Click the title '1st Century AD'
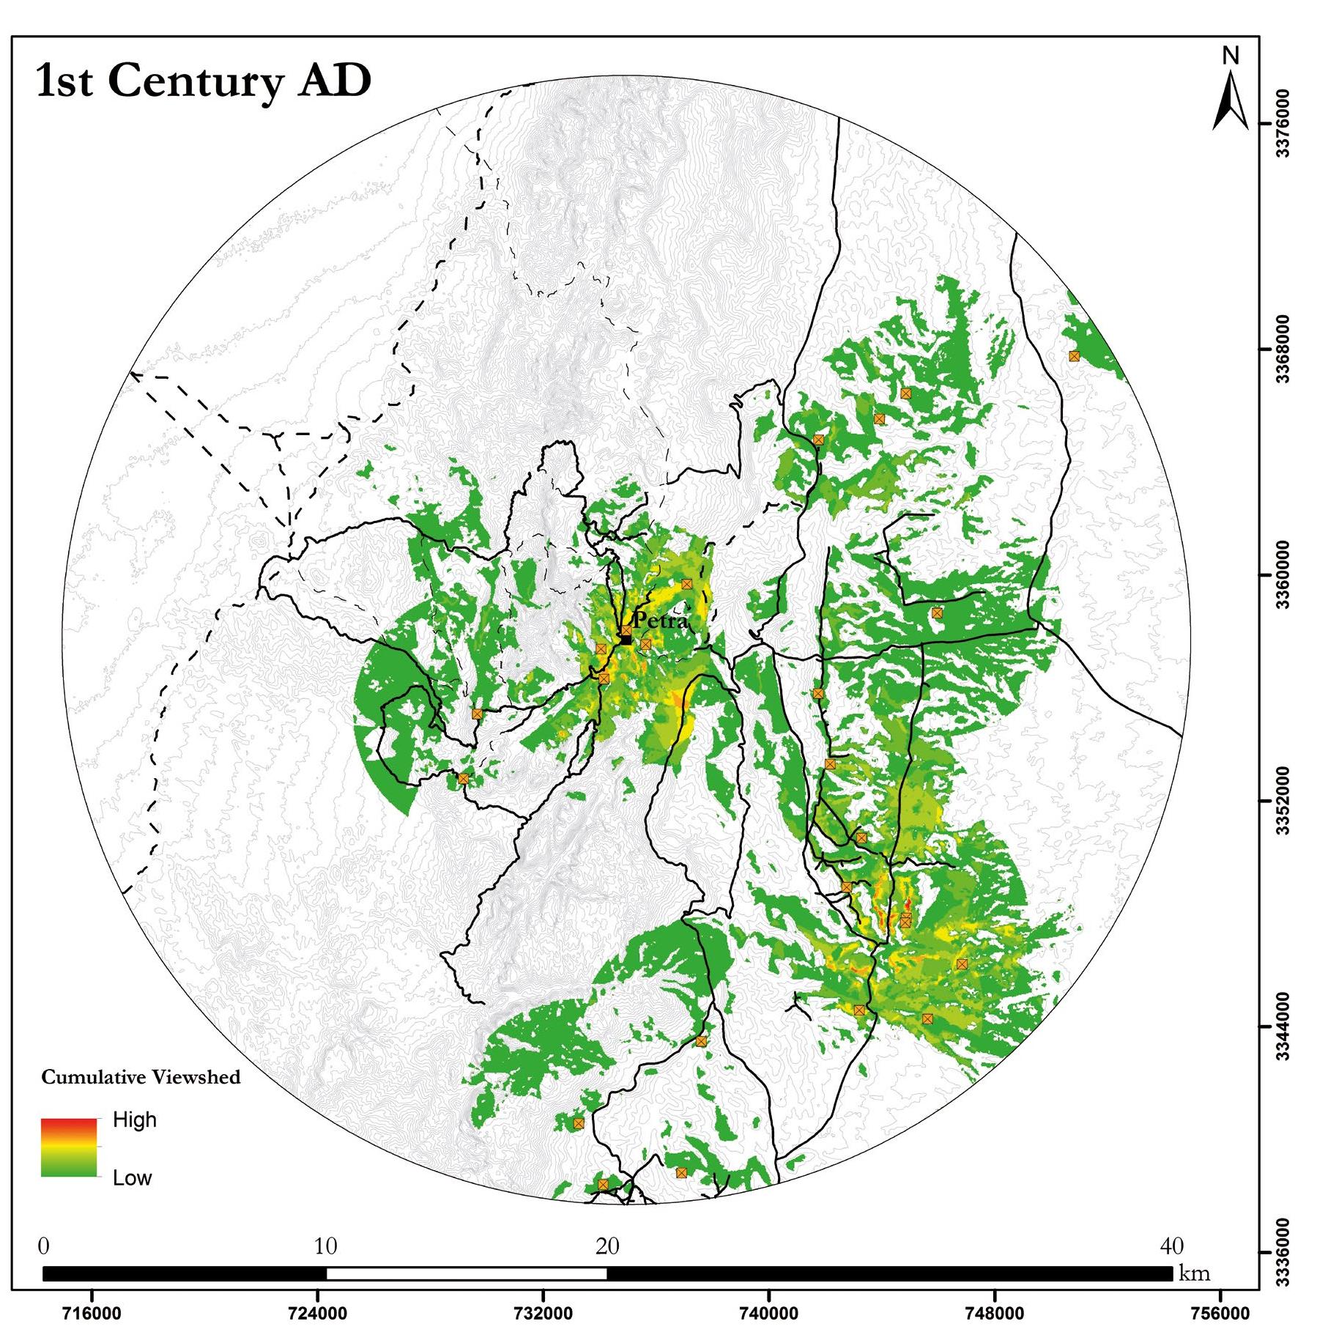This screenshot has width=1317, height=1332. click(204, 81)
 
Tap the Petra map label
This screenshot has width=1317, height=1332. click(661, 621)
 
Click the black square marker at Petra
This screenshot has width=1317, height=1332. click(626, 640)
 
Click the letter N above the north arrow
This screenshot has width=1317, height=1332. click(1231, 56)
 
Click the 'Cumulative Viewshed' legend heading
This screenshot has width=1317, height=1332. click(141, 1077)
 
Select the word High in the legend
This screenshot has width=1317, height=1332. click(135, 1120)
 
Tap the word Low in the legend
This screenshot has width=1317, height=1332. click(132, 1177)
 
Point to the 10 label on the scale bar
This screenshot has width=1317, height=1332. click(326, 1246)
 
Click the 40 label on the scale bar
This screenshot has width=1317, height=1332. click(1172, 1246)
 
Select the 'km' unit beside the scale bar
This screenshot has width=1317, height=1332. click(1195, 1273)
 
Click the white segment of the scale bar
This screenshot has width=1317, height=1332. click(467, 1273)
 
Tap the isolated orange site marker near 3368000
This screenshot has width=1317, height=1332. click(1074, 356)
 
